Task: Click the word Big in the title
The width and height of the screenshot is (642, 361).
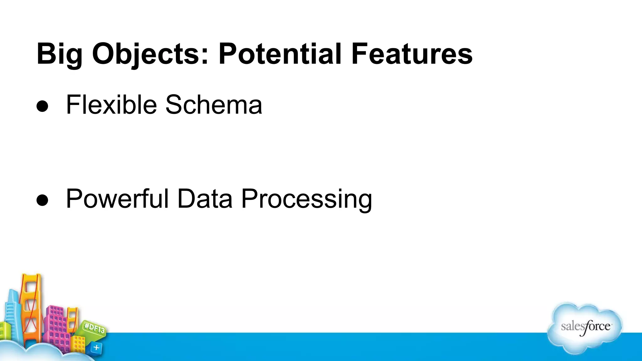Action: [x=59, y=54]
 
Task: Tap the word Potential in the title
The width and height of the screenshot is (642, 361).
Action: [x=279, y=54]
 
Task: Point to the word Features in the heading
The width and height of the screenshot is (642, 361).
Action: [x=411, y=54]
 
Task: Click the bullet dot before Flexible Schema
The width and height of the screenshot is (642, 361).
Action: [x=42, y=106]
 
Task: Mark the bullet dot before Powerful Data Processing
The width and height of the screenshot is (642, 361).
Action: [x=42, y=200]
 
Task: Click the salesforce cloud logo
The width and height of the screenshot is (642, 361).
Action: [x=585, y=327]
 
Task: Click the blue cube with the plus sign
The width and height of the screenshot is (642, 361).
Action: [x=96, y=348]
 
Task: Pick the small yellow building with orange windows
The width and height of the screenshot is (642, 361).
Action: [x=78, y=343]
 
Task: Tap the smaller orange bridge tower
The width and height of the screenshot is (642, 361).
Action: [x=72, y=320]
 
